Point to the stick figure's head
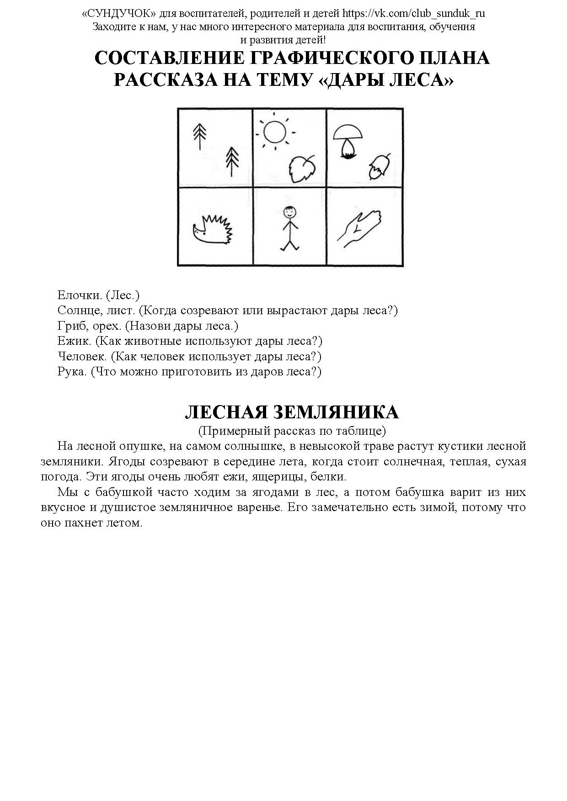tap(289, 212)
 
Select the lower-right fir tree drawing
tap(232, 161)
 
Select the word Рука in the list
tap(72, 372)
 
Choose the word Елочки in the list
tap(80, 295)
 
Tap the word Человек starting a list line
tap(82, 357)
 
